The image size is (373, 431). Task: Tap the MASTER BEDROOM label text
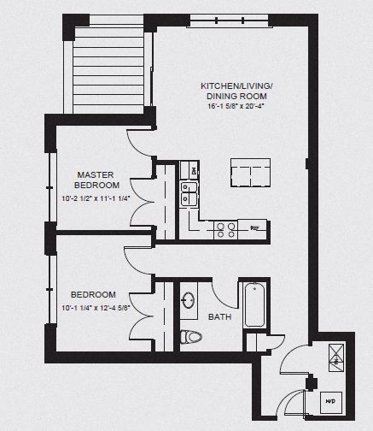[96, 180]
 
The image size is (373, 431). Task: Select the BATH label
[220, 317]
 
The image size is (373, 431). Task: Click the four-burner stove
[225, 228]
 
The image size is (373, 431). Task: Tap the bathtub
[254, 311]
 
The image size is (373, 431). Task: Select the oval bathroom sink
[189, 300]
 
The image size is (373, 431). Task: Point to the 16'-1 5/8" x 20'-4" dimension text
[236, 107]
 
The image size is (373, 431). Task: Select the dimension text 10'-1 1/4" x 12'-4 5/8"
[96, 309]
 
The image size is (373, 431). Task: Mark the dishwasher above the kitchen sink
[188, 174]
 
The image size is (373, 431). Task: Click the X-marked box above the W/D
[335, 355]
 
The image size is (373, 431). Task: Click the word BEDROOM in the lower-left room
[94, 294]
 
